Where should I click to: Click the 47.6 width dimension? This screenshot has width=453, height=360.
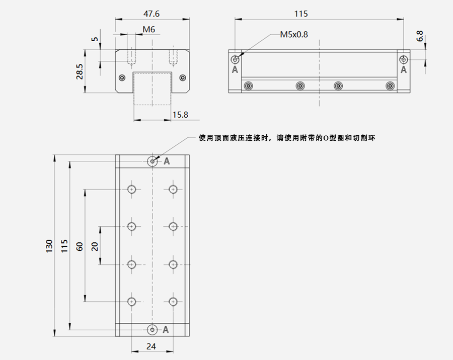point(152,14)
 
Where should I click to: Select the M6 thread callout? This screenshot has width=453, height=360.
point(149,30)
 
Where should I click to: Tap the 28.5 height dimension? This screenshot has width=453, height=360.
point(80,71)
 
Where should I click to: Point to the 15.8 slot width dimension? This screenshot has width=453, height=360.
point(180,115)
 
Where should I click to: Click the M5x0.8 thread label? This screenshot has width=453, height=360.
point(294,35)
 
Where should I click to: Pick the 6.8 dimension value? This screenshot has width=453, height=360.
point(420,36)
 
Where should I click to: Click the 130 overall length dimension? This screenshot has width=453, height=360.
point(49,246)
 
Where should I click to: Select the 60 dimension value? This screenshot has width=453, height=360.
point(80,246)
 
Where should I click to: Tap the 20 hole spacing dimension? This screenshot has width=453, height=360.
point(95,246)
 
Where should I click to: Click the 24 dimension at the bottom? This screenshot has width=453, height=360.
point(151,346)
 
